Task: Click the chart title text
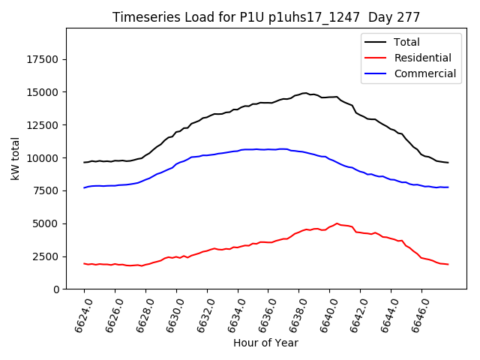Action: (265, 16)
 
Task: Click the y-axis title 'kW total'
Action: (15, 158)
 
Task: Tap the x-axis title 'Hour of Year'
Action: (265, 343)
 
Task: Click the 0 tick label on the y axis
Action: (56, 289)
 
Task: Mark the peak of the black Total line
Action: (305, 93)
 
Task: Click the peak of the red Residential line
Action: (337, 223)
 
